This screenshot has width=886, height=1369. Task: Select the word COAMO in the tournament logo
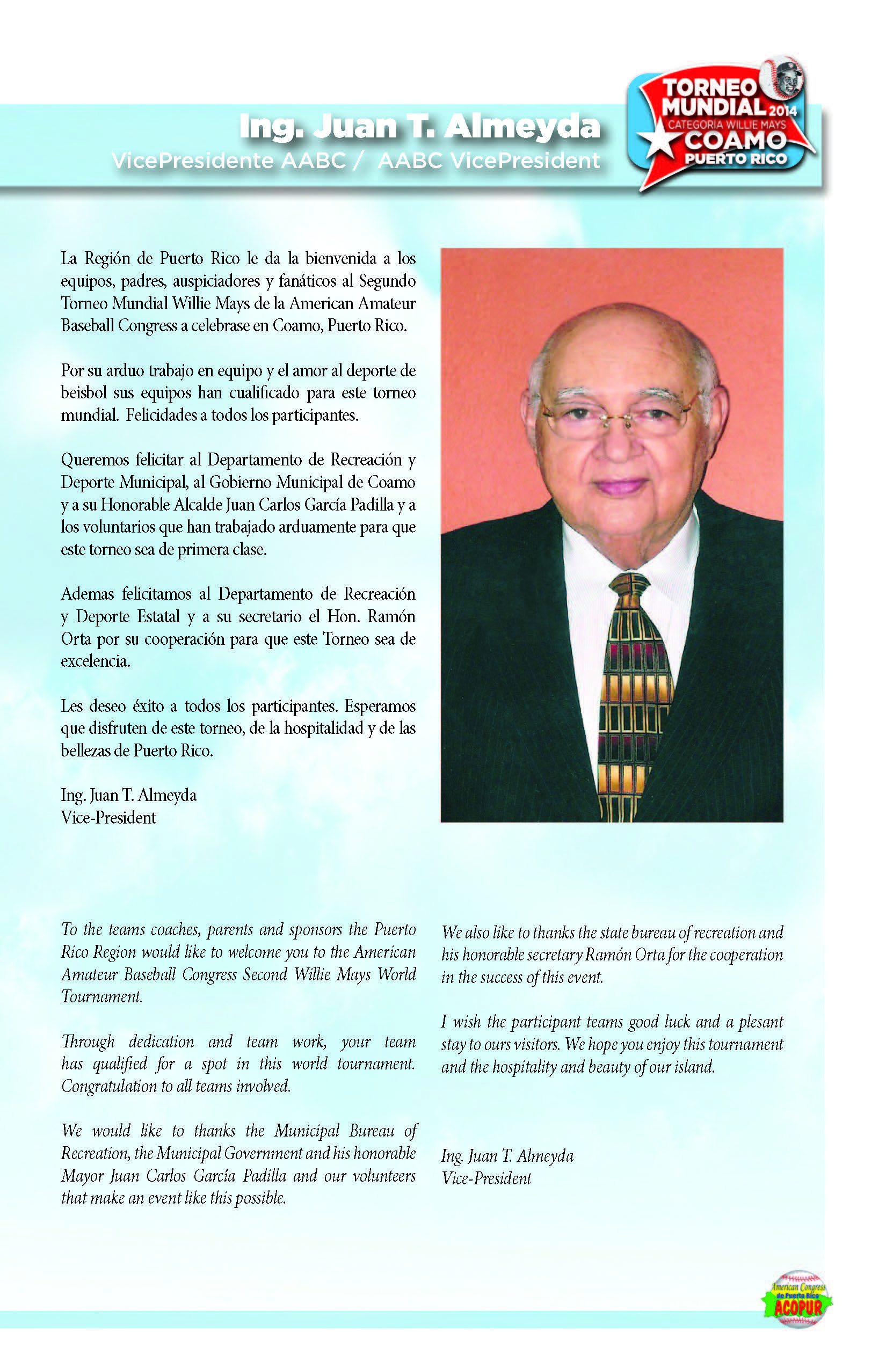[x=735, y=140]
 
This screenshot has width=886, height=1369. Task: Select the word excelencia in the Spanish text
[x=96, y=661]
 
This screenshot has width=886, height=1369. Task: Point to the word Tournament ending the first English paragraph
[x=102, y=997]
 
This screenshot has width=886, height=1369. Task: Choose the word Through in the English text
[x=88, y=1042]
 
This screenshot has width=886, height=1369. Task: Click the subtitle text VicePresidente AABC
[x=228, y=161]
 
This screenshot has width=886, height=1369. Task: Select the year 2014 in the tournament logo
[x=782, y=111]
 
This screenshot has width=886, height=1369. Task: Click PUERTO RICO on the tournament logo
[x=735, y=159]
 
